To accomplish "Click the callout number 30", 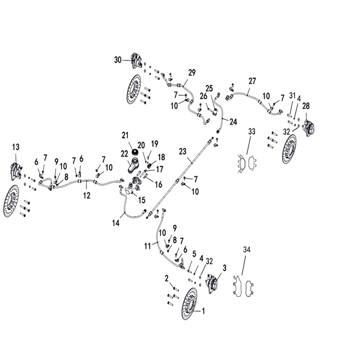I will tap(118, 60).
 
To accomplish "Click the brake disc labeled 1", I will tap(189, 303).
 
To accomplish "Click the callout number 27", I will tap(252, 81).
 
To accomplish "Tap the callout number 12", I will tap(87, 195).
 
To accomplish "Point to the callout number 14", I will tap(116, 222).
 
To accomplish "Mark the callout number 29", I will tap(192, 72).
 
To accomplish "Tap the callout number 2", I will tap(166, 277).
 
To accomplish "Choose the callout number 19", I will tap(155, 144).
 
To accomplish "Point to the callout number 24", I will tap(233, 121).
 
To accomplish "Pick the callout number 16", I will tap(159, 184).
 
